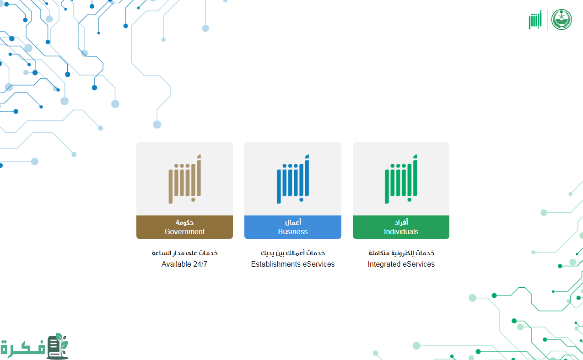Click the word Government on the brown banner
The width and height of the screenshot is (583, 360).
click(184, 231)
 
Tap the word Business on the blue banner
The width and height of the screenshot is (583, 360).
click(293, 231)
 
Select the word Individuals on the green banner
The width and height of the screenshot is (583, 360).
click(401, 231)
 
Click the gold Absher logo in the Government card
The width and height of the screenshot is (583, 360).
click(185, 179)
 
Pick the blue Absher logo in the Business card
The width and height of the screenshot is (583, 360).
click(293, 179)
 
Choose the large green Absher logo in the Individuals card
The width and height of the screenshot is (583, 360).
click(401, 179)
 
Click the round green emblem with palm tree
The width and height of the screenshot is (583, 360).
click(561, 20)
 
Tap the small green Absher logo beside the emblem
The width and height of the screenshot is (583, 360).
click(535, 20)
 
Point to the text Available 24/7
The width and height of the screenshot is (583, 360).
click(184, 264)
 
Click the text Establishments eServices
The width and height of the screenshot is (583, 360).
click(293, 264)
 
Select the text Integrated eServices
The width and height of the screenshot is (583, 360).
click(401, 264)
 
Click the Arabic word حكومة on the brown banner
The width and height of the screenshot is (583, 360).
click(184, 222)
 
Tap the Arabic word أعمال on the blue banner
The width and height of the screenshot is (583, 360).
click(293, 222)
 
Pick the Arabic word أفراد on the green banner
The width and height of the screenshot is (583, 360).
click(401, 222)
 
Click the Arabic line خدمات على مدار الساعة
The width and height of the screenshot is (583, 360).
click(184, 253)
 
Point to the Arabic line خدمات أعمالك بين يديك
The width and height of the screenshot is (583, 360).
click(293, 253)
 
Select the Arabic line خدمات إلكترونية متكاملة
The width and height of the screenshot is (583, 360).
click(401, 253)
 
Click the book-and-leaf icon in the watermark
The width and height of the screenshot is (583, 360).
click(58, 346)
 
